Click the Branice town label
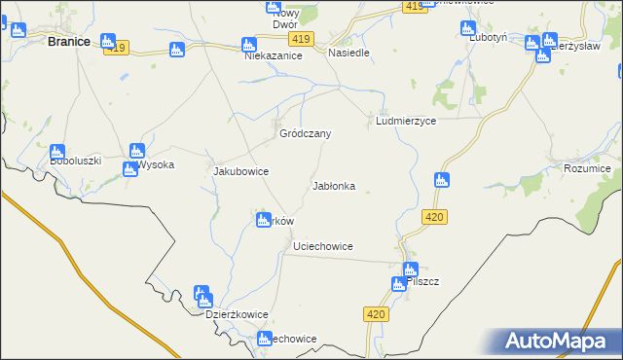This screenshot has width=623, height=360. [x=69, y=42]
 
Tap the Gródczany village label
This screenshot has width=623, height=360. [x=306, y=133]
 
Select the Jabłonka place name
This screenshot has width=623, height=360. [x=333, y=185]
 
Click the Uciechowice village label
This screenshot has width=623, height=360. [x=322, y=247]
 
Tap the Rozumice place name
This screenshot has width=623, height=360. [x=587, y=168]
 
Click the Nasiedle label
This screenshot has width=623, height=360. [x=348, y=53]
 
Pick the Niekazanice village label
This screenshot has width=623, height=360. [x=274, y=56]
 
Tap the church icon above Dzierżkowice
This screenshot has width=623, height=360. [x=202, y=293]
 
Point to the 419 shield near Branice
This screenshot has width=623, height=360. [x=119, y=47]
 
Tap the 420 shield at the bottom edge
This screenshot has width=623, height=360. [x=378, y=314]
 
